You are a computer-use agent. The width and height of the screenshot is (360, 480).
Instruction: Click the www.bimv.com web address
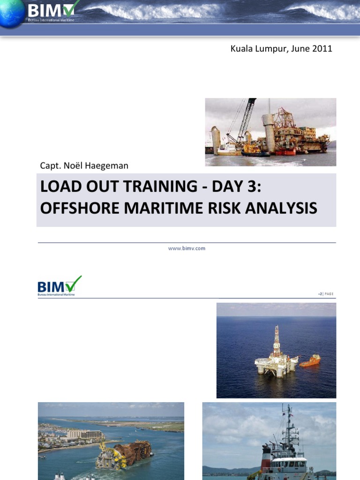(x=187, y=248)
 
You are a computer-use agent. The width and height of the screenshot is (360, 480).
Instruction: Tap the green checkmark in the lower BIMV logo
(x=74, y=284)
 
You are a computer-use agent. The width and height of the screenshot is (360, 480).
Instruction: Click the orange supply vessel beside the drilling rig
(x=310, y=360)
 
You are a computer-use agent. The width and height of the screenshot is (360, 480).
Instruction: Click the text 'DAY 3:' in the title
(x=236, y=187)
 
